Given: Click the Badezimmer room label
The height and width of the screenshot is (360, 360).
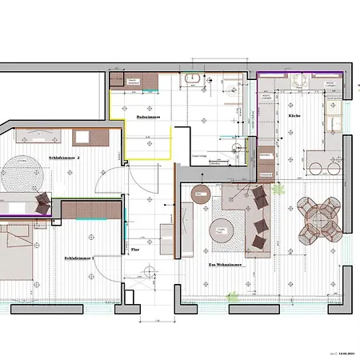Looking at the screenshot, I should (149, 117).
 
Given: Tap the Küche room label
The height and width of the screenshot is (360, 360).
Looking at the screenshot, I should (294, 116).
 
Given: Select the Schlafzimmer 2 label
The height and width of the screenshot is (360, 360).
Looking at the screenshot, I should (64, 158).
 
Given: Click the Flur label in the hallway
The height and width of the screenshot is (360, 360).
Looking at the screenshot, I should (134, 250).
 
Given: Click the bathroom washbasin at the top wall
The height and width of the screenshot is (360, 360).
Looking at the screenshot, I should (192, 79).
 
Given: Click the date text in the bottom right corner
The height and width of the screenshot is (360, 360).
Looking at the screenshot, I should (345, 350).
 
